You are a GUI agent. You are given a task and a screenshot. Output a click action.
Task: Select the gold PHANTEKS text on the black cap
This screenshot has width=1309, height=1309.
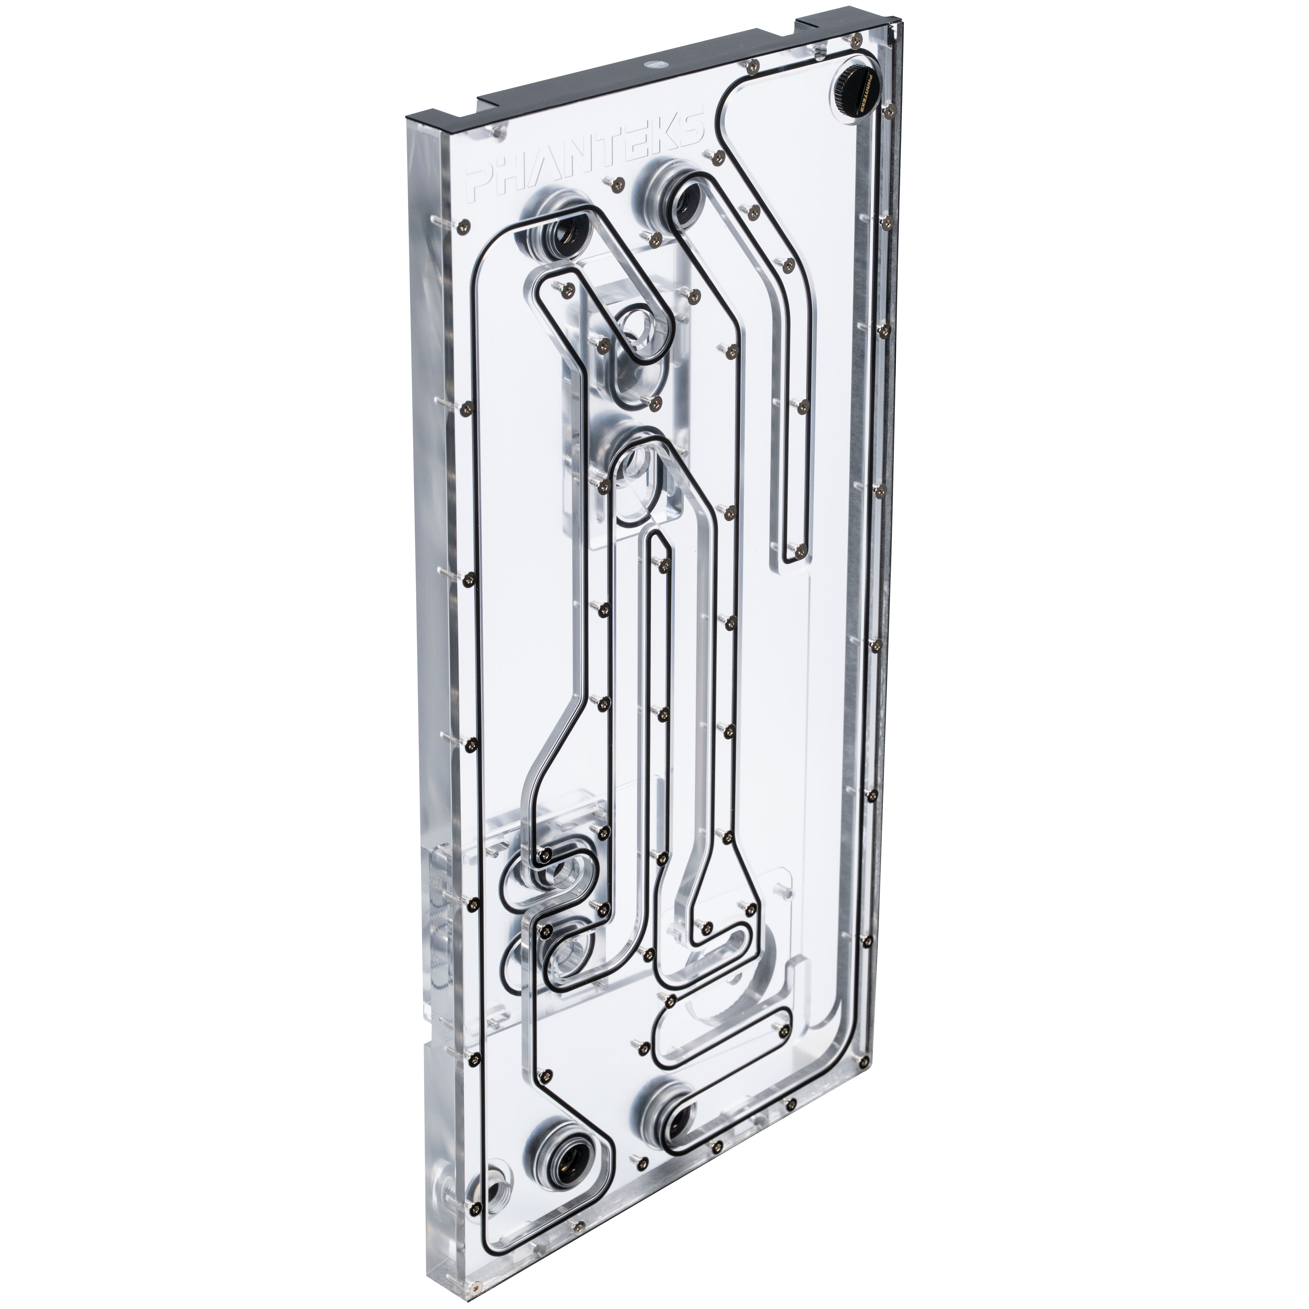tap(869, 95)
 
